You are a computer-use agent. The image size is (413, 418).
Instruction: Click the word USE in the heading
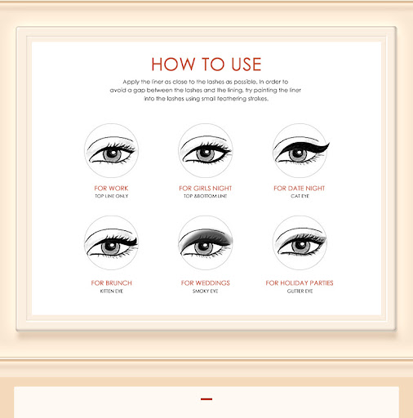coord(246,64)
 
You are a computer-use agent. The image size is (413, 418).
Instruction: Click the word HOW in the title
coord(173,64)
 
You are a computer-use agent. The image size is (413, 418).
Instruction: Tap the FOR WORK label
coord(111,189)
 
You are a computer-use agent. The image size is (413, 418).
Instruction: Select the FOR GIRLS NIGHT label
coord(206,189)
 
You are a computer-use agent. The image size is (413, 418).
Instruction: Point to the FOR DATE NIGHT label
coord(300,189)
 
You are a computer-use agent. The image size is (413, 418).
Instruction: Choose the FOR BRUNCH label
coord(111,283)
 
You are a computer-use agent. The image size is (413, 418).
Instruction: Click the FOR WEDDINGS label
coord(206,283)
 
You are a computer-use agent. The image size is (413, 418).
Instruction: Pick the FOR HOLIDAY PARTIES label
coord(300,283)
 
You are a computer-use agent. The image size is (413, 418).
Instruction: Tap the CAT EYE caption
coord(300,196)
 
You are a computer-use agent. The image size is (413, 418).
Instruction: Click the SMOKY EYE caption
coord(206,291)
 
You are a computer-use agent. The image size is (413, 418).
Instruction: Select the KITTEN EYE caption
coord(112,291)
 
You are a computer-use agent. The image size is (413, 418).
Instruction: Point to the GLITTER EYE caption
coord(300,291)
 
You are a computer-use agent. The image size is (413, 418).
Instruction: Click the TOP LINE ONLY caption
coord(112,196)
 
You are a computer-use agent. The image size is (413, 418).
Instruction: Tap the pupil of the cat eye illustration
coord(298,153)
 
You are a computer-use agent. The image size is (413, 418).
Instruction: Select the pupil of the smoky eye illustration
coord(204,246)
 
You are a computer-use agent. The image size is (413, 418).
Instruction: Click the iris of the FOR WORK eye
coord(112,154)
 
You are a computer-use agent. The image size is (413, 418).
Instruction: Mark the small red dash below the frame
coord(206,399)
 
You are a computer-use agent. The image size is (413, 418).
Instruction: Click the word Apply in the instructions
coord(131,82)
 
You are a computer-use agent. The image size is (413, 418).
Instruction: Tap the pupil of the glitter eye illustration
coord(301,245)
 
